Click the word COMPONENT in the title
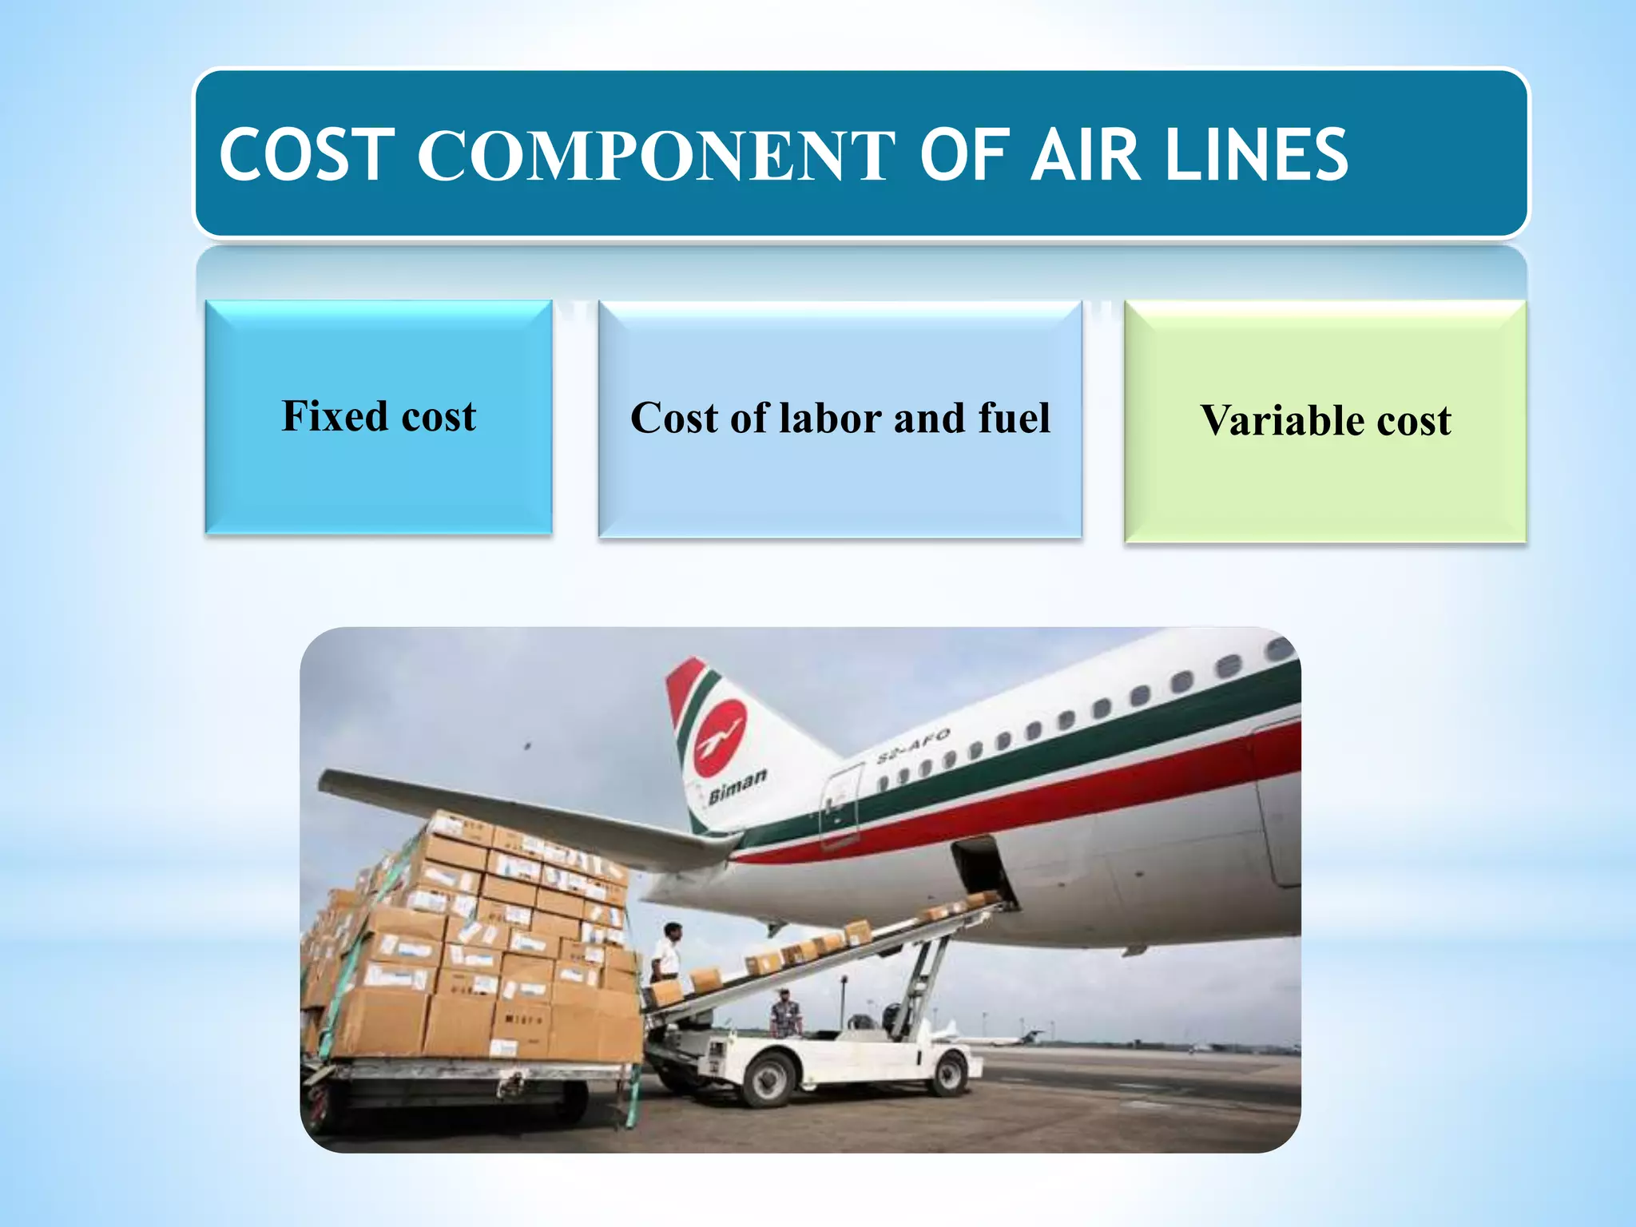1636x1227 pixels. [x=656, y=155]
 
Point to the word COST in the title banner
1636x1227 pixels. [x=307, y=155]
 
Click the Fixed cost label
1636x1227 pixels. [x=379, y=416]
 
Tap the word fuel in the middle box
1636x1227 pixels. [x=1014, y=418]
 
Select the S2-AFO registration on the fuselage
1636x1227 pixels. [x=913, y=745]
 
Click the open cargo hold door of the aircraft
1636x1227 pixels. [x=982, y=866]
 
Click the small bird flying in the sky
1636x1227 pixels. [x=526, y=746]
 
